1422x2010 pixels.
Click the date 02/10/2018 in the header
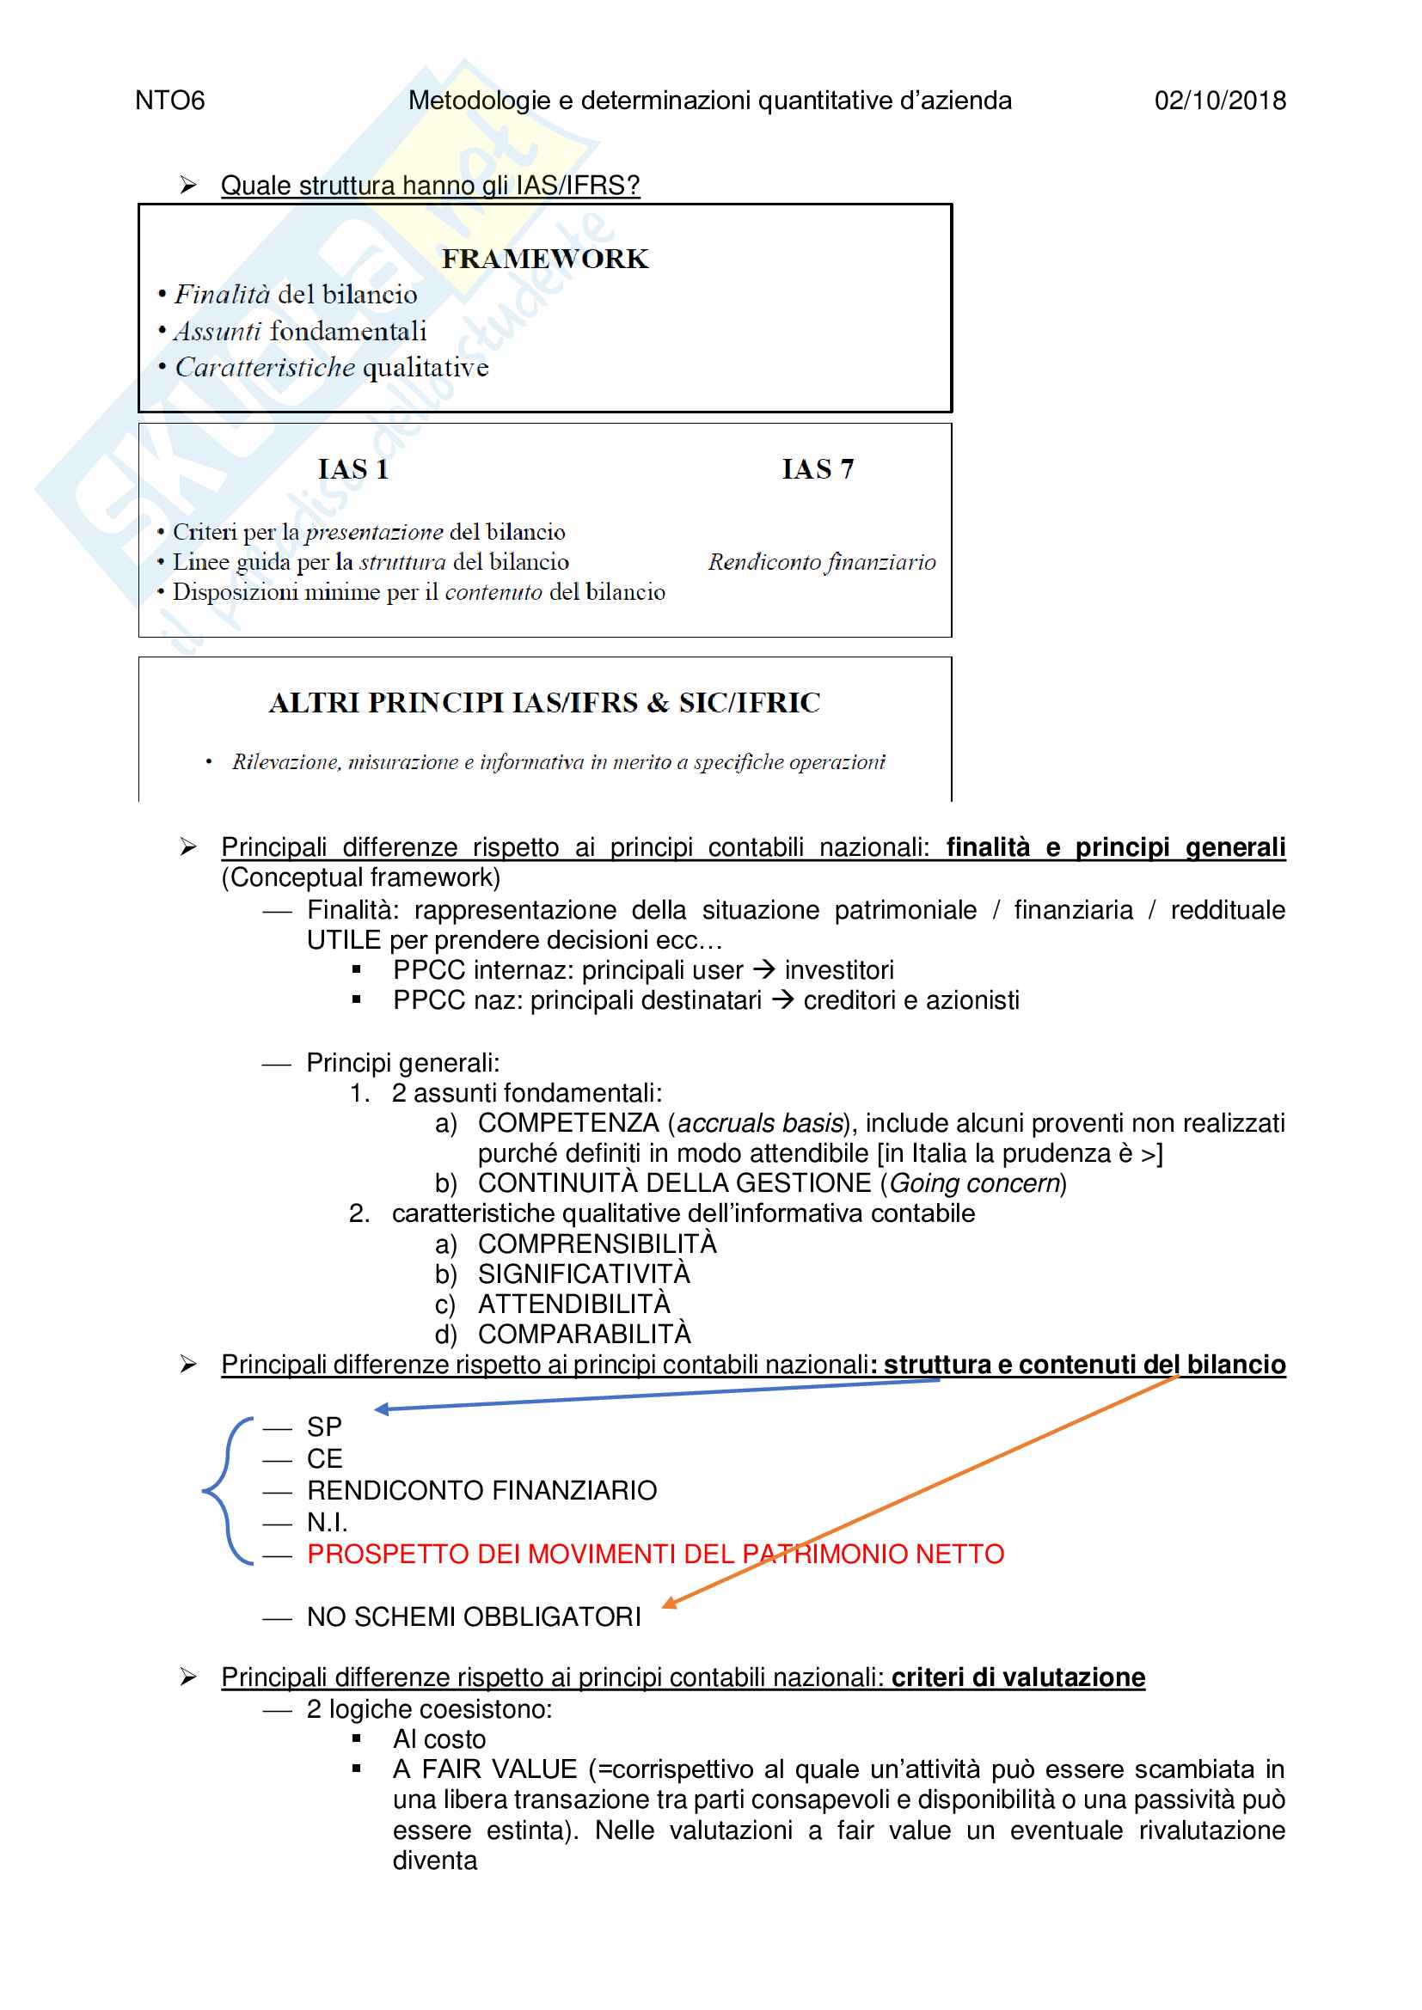tap(1220, 101)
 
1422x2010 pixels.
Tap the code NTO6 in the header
tap(170, 101)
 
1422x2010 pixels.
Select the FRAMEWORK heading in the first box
tap(544, 260)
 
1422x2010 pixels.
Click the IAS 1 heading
tap(352, 469)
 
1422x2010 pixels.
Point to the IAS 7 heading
tap(817, 469)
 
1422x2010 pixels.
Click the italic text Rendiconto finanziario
tap(821, 562)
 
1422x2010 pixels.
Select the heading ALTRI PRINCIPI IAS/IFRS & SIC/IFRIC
tap(543, 703)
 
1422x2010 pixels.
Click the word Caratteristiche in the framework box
tap(265, 368)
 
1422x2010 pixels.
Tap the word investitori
tap(839, 970)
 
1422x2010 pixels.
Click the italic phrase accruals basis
tap(759, 1123)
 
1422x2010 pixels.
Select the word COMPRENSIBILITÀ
tap(597, 1244)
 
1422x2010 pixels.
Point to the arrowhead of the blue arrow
tap(381, 1409)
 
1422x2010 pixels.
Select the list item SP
tap(324, 1428)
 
